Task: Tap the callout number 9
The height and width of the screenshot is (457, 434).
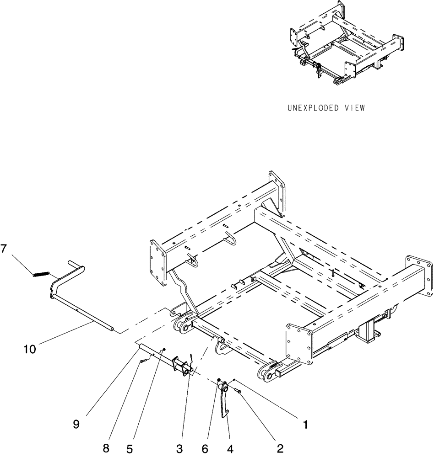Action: pyautogui.click(x=76, y=424)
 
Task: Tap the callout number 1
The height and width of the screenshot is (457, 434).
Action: pyautogui.click(x=303, y=424)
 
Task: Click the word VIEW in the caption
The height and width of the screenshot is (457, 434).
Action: pyautogui.click(x=355, y=108)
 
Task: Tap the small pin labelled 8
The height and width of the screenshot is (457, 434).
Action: pyautogui.click(x=143, y=361)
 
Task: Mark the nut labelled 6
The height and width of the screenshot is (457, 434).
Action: pyautogui.click(x=220, y=380)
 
